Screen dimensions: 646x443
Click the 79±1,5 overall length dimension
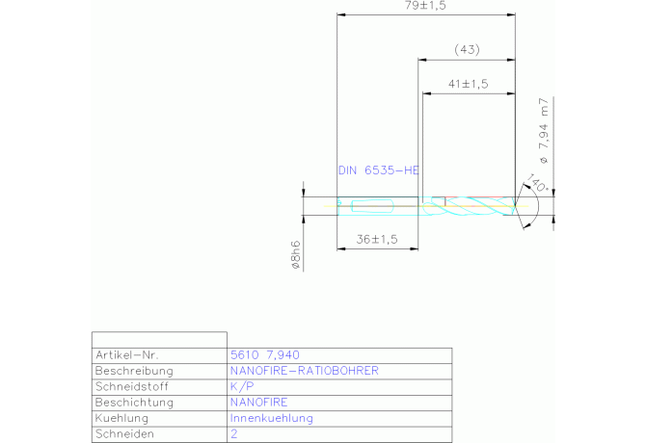(x=425, y=6)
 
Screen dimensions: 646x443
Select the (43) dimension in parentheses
(x=467, y=50)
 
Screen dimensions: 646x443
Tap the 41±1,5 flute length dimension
(x=468, y=84)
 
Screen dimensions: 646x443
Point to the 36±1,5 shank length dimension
(x=377, y=240)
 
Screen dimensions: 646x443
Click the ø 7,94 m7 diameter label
(x=544, y=131)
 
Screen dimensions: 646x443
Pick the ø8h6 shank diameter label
(x=296, y=255)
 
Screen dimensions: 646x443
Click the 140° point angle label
(x=538, y=183)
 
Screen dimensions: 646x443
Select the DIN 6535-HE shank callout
(x=379, y=170)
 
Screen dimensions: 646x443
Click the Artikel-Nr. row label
(x=127, y=355)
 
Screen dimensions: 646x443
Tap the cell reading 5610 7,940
(x=265, y=355)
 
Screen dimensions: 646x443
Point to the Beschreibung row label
(x=134, y=371)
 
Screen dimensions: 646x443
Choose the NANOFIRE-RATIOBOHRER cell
(x=305, y=371)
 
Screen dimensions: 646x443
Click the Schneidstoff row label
(x=132, y=386)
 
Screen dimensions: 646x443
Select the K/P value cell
(x=242, y=386)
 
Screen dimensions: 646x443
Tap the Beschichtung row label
(x=134, y=403)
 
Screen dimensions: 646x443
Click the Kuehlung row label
(x=121, y=418)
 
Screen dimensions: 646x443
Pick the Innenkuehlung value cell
(x=272, y=418)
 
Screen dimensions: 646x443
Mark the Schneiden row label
(x=124, y=434)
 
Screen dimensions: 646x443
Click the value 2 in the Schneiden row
(x=234, y=434)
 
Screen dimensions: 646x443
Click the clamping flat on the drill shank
(x=372, y=206)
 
